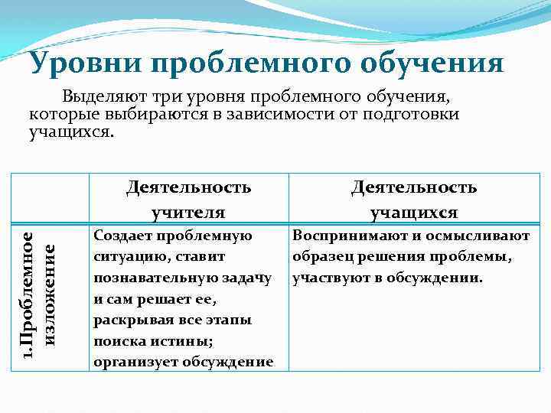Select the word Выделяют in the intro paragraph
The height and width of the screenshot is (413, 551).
point(102,98)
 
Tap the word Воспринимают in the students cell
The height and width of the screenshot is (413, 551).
point(341,237)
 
